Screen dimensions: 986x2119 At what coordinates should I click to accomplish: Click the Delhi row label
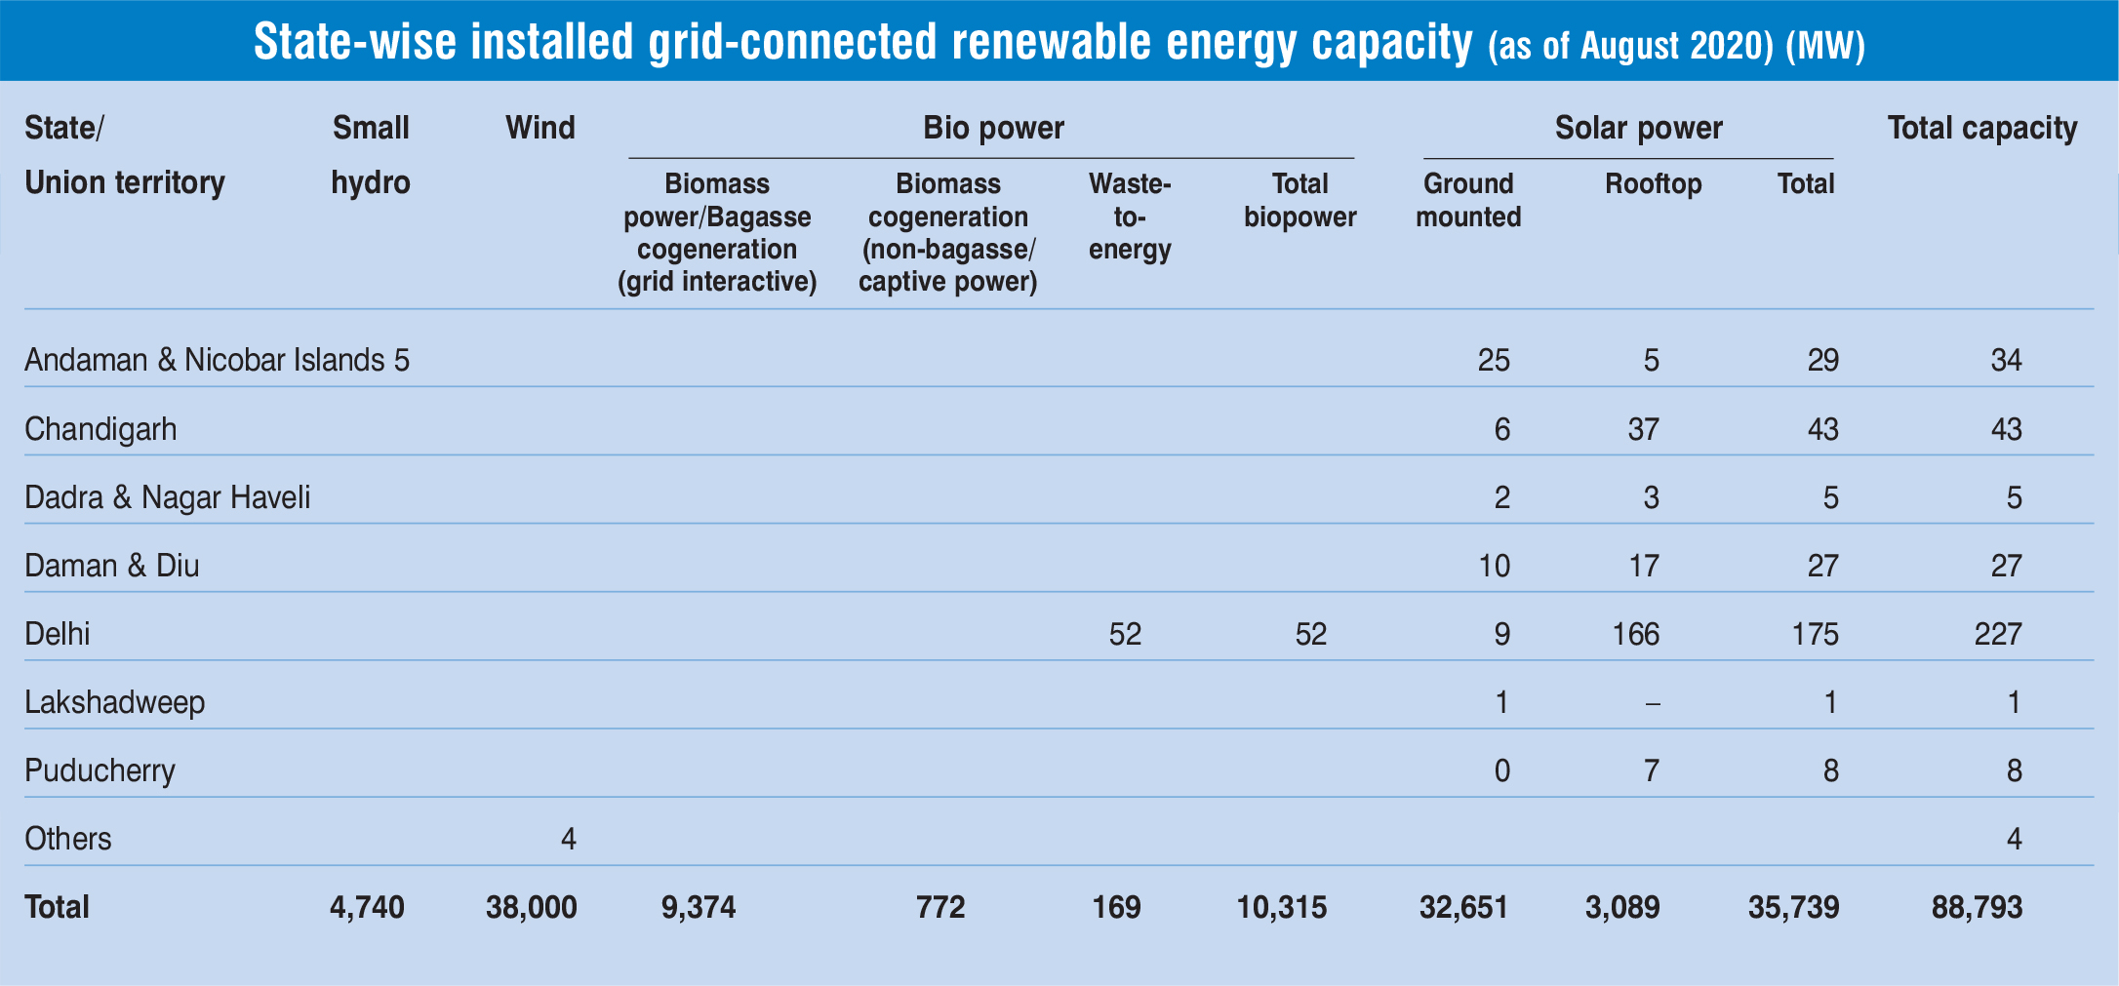pyautogui.click(x=58, y=634)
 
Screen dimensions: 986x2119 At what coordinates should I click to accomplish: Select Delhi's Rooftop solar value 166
pyautogui.click(x=1635, y=635)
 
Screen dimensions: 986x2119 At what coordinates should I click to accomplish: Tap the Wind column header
pyautogui.click(x=540, y=128)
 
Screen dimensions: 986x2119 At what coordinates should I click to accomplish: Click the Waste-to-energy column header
pyautogui.click(x=1129, y=217)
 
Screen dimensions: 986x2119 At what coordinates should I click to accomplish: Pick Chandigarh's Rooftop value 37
pyautogui.click(x=1643, y=429)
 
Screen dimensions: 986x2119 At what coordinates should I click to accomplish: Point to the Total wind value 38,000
pyautogui.click(x=531, y=907)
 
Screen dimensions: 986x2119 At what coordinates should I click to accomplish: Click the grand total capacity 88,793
pyautogui.click(x=1977, y=907)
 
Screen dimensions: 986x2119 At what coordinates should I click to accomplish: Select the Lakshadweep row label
pyautogui.click(x=114, y=702)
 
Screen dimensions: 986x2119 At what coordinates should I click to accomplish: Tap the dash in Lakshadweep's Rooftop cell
pyautogui.click(x=1652, y=703)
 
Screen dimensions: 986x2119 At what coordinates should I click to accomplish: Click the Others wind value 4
pyautogui.click(x=568, y=839)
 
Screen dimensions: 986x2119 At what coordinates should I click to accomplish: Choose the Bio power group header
pyautogui.click(x=993, y=128)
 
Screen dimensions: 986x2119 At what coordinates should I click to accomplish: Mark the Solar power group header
pyautogui.click(x=1638, y=128)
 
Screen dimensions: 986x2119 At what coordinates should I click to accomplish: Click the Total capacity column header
pyautogui.click(x=1981, y=128)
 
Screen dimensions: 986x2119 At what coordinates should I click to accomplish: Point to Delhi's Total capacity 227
pyautogui.click(x=1997, y=635)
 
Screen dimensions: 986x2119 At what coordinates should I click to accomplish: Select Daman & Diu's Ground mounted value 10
pyautogui.click(x=1494, y=566)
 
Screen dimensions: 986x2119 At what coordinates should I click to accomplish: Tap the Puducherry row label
pyautogui.click(x=100, y=770)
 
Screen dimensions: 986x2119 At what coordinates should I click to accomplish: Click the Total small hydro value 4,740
pyautogui.click(x=367, y=907)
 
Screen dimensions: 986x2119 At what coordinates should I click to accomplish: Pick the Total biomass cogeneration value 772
pyautogui.click(x=940, y=907)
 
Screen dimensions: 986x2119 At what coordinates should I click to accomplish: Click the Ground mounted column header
pyautogui.click(x=1468, y=200)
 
